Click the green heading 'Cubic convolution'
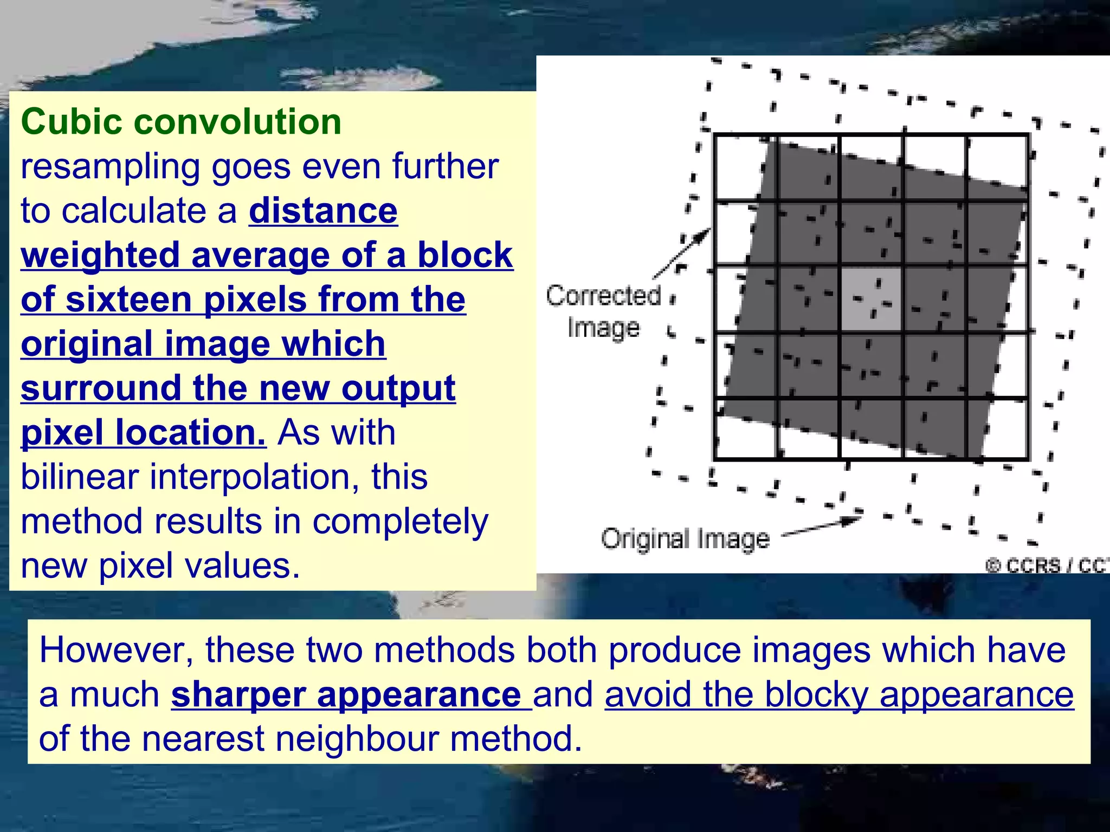[181, 121]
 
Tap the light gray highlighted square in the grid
[871, 299]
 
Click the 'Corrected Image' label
[603, 311]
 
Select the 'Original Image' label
[685, 539]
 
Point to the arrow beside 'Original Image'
[821, 526]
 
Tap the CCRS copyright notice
[1046, 565]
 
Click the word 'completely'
[400, 521]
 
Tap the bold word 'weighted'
[100, 255]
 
